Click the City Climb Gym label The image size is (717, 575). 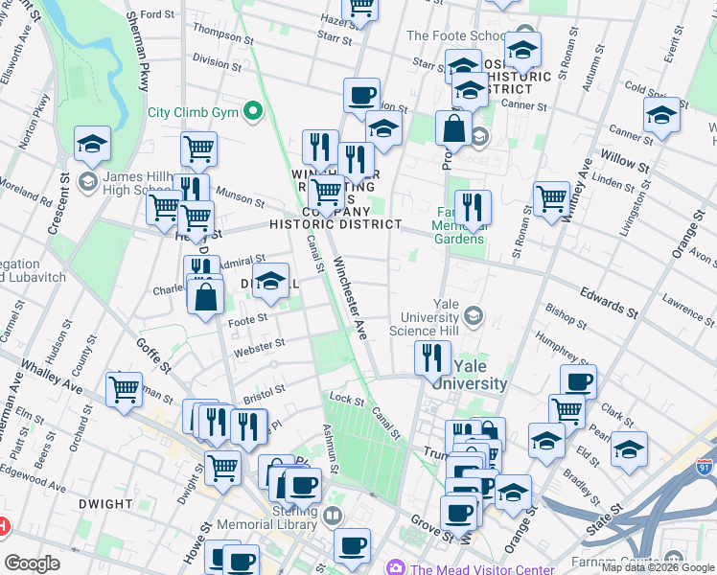(192, 112)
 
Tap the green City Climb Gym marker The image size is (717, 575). (254, 112)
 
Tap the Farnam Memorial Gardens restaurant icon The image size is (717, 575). (473, 208)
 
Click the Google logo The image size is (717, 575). (32, 563)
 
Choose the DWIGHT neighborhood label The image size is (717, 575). (105, 504)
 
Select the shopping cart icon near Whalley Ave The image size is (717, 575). (125, 390)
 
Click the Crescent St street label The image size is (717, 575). (57, 206)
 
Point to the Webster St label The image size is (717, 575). (260, 346)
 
